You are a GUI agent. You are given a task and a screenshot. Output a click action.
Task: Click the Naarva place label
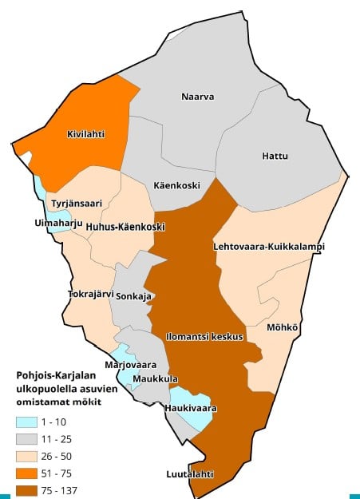coord(198,97)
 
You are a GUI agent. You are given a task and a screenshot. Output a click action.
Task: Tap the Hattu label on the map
coord(275,156)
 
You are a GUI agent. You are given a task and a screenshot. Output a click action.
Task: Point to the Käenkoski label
coord(176,185)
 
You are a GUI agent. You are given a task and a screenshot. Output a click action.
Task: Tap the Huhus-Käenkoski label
coord(120,227)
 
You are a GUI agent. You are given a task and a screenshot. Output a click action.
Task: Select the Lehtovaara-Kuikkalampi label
coord(269,247)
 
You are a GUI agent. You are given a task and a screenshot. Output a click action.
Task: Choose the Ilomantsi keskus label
coord(204,337)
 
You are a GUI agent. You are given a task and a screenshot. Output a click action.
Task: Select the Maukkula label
coord(155,378)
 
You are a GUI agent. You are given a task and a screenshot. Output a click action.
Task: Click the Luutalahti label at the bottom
coord(190,473)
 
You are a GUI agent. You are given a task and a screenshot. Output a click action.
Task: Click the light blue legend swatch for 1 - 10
coord(30,422)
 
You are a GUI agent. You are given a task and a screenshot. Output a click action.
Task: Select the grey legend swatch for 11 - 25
coord(30,439)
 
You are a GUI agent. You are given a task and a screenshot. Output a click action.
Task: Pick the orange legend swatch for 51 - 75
coord(30,473)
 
